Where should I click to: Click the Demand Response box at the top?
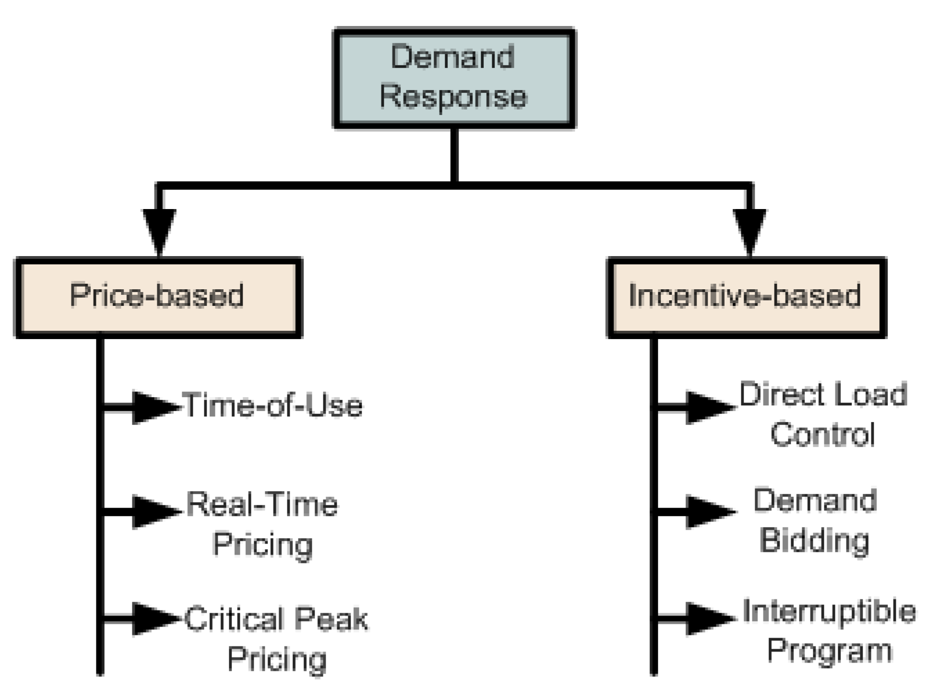pos(454,79)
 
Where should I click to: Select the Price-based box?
pos(158,297)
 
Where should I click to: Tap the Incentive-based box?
pos(746,297)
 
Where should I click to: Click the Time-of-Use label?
pos(273,405)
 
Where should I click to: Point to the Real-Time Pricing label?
pos(262,524)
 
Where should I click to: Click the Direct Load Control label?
pos(823,415)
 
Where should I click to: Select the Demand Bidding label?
pos(815,520)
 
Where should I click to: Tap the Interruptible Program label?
pos(829,631)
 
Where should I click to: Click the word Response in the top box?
pos(453,97)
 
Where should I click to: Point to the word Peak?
pos(330,619)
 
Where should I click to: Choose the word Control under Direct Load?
pos(823,435)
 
